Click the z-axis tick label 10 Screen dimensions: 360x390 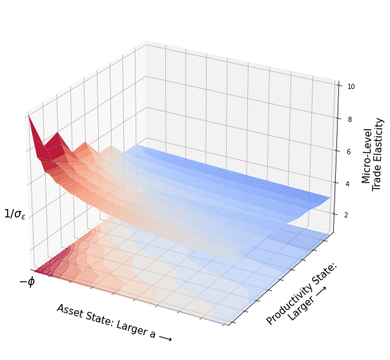[351, 86]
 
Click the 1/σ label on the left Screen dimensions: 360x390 [15, 214]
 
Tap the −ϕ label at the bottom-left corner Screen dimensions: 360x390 [26, 282]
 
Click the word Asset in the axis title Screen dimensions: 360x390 [69, 311]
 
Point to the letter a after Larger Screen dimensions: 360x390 [152, 334]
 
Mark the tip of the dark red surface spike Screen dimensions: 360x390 [28, 115]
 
